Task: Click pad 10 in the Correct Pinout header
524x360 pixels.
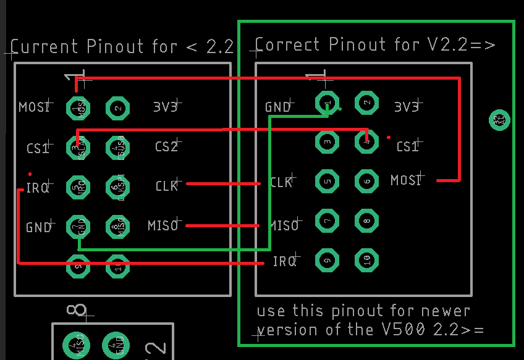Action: (367, 259)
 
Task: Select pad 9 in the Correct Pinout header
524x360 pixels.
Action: (327, 259)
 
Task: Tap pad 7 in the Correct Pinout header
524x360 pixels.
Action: (327, 220)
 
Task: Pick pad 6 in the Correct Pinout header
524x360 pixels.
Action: (367, 180)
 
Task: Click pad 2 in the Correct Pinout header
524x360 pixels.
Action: (367, 103)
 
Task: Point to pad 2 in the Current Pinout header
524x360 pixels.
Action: (117, 109)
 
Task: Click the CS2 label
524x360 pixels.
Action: (166, 147)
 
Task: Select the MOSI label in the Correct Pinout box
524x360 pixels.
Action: (405, 180)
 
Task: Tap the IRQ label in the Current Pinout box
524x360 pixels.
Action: (38, 188)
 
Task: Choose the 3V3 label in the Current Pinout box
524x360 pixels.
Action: (166, 107)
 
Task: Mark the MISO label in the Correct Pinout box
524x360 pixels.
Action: (284, 225)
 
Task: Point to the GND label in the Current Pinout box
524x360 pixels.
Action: (38, 227)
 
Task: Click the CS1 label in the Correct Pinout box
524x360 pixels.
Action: (407, 147)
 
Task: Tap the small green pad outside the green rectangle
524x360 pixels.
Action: (499, 120)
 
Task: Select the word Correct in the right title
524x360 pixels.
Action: (289, 45)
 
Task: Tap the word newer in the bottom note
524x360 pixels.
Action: (445, 310)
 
